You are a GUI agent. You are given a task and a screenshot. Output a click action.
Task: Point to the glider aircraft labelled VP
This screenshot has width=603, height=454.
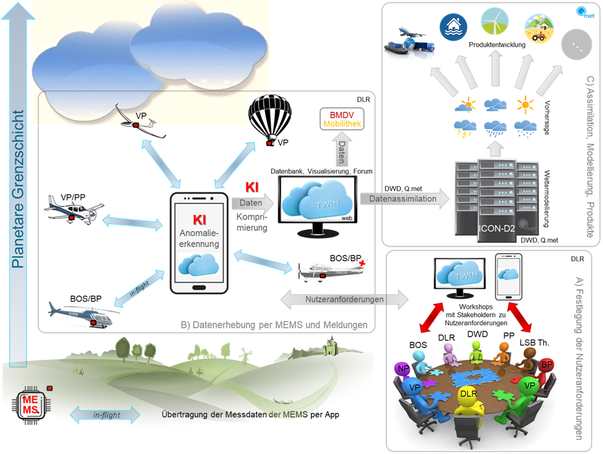[143, 124]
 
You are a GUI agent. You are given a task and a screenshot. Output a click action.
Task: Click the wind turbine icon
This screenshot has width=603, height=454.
[493, 22]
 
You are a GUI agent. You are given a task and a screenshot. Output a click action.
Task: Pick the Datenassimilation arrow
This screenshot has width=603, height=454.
[405, 198]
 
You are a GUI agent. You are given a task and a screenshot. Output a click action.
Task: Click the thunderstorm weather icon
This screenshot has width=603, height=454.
[467, 127]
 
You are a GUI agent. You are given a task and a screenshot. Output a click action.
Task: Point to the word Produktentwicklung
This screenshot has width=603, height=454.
[498, 46]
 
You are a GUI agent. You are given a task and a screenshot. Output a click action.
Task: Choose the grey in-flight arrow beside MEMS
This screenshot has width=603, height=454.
[107, 415]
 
